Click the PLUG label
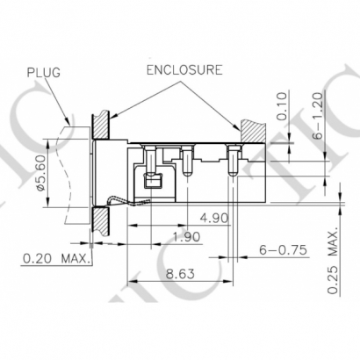(44, 72)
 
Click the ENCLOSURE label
(184, 70)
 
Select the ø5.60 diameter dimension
(40, 173)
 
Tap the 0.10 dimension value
(282, 106)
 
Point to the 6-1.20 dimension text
(317, 114)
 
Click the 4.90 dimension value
(213, 218)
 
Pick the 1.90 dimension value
(187, 236)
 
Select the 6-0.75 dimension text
(283, 249)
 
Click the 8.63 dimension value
(180, 274)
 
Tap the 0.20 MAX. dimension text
(55, 258)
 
